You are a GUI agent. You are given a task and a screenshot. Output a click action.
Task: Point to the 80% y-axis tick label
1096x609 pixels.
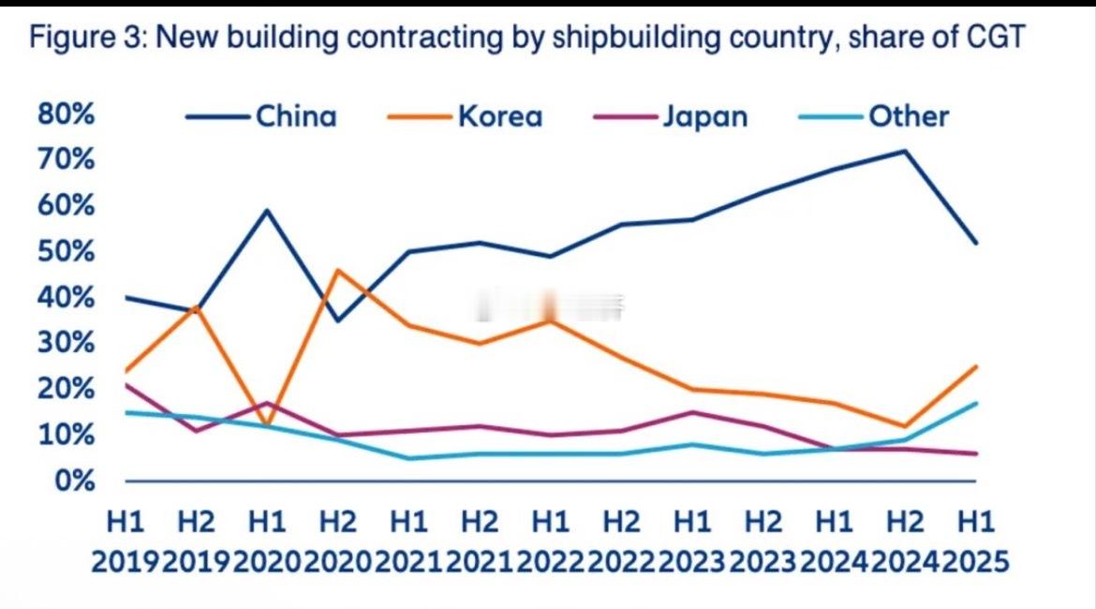[67, 114]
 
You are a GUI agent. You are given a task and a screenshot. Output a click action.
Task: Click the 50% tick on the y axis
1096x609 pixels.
[67, 252]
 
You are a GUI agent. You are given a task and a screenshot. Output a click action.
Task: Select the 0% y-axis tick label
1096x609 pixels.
[74, 482]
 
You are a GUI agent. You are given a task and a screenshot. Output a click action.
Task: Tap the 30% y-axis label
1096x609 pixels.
[67, 344]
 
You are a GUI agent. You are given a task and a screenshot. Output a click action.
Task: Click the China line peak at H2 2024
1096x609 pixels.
[905, 151]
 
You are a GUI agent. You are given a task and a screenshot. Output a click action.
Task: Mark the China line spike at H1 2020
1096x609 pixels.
[268, 210]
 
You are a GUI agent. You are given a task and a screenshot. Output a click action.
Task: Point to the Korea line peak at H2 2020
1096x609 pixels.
[337, 270]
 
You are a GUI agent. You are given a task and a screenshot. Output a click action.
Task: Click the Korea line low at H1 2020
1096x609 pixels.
[268, 426]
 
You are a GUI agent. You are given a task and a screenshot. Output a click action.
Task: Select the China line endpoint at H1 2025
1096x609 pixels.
[976, 243]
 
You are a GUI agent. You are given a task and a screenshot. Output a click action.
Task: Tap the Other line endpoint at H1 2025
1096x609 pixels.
[976, 403]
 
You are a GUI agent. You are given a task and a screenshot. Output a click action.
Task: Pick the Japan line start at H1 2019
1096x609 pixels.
[126, 384]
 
